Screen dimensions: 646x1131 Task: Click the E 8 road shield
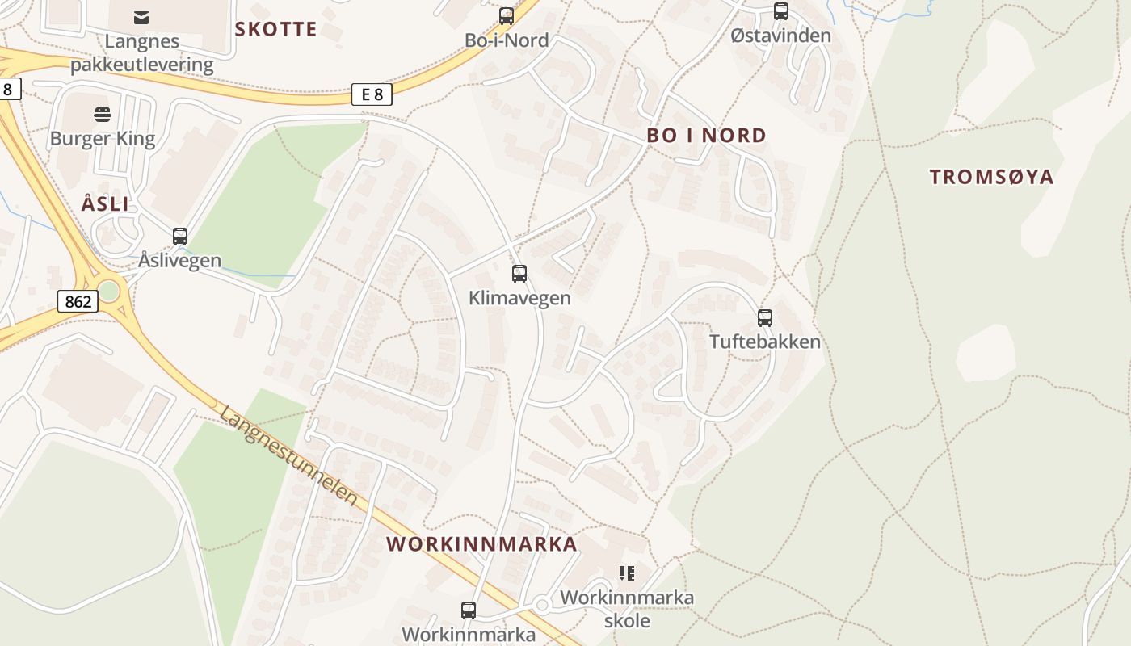coord(372,94)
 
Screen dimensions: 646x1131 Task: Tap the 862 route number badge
coord(78,302)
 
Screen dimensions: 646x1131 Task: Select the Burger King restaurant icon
coord(102,115)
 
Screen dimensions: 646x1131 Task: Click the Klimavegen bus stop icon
coord(519,274)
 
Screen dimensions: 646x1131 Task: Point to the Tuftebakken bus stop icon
coord(764,317)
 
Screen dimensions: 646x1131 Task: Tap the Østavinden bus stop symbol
coord(780,11)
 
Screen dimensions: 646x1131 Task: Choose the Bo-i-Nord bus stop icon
coord(507,15)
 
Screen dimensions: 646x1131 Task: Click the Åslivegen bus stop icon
coord(180,237)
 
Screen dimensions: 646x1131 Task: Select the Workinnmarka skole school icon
coord(626,573)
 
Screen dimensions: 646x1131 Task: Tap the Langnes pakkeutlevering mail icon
coord(141,17)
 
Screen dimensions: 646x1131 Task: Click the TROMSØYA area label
coord(991,177)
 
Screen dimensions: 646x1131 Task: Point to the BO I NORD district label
coord(706,136)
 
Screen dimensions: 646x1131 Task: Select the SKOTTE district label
coord(275,30)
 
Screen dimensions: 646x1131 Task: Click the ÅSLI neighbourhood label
coord(105,204)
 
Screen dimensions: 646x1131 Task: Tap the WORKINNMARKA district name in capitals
coord(481,544)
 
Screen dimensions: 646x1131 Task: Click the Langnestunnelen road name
coord(288,455)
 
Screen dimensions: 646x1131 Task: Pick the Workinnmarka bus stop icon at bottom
coord(468,610)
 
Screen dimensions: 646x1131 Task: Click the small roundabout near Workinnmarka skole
coord(542,605)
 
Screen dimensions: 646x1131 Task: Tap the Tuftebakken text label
coord(764,342)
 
